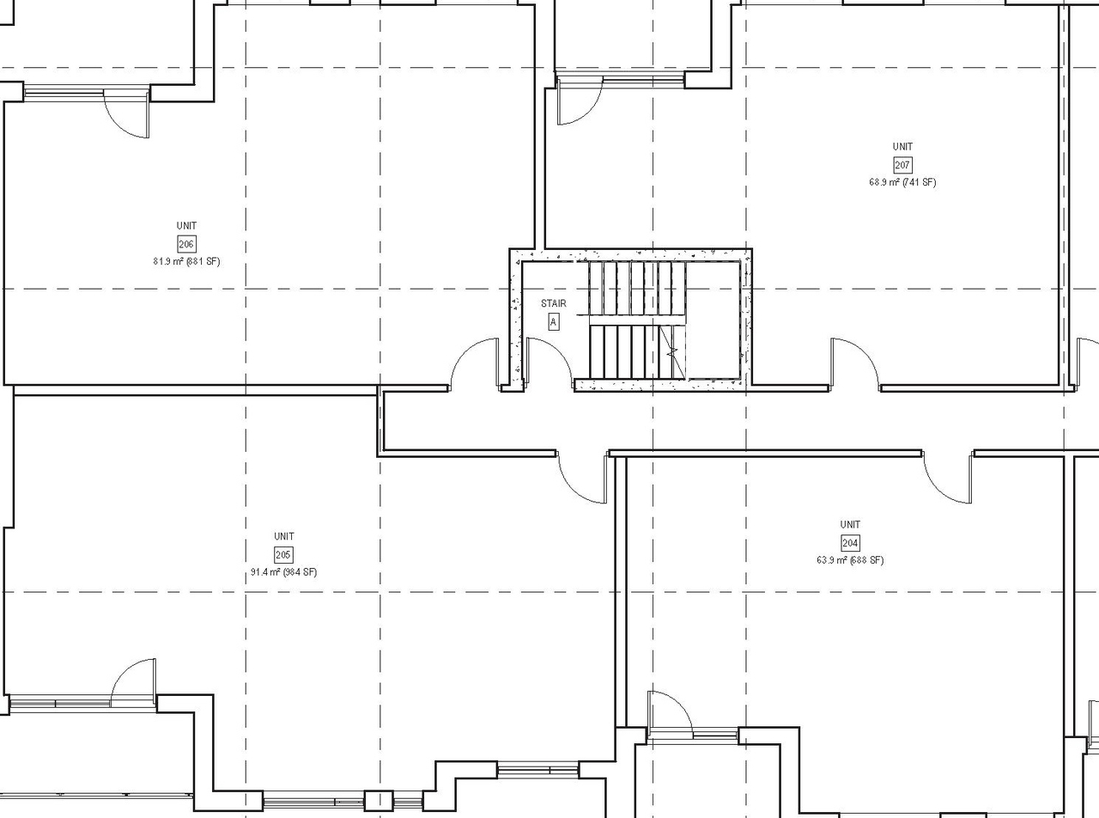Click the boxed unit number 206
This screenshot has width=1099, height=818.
[186, 245]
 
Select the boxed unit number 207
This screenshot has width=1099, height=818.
[902, 165]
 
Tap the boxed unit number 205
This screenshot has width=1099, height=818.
[283, 555]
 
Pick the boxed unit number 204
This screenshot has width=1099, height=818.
[850, 543]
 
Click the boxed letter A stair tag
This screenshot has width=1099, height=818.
[553, 322]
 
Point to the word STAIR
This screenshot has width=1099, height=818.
[553, 303]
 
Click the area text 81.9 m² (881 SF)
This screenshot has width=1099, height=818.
[186, 261]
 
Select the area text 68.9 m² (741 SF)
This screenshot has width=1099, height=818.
[902, 182]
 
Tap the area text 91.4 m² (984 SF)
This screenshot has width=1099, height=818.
[283, 572]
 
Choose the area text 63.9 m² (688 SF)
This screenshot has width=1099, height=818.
[850, 560]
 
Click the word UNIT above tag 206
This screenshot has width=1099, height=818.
[186, 226]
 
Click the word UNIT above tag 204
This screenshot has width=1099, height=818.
[850, 524]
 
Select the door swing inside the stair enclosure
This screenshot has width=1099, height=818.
[548, 363]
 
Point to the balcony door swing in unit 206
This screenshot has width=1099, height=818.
[128, 112]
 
